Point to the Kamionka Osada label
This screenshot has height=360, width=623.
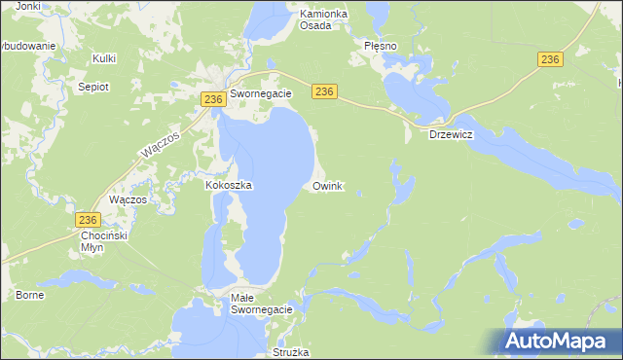(x=303, y=19)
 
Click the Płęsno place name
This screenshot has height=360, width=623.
(x=380, y=46)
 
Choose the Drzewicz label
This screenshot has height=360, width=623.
(x=451, y=135)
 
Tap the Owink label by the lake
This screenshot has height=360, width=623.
(x=327, y=185)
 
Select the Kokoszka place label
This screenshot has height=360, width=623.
(x=230, y=185)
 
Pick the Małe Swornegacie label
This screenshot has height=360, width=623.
(x=262, y=303)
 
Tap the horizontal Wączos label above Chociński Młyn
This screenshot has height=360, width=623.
(x=128, y=198)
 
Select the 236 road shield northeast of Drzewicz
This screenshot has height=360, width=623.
(x=550, y=60)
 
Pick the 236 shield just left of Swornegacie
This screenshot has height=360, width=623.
(x=214, y=99)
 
